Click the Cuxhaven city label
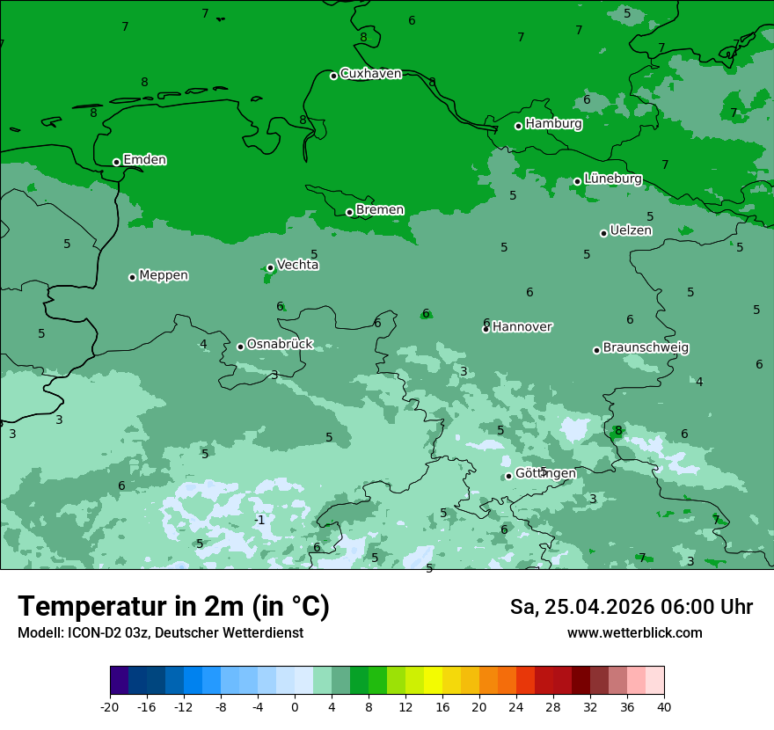click(x=370, y=74)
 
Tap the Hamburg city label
click(x=553, y=124)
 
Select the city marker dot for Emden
click(x=116, y=162)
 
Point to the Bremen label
click(x=379, y=210)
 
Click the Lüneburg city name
click(x=612, y=179)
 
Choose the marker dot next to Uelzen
click(x=603, y=233)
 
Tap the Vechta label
click(x=297, y=265)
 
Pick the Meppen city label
click(x=164, y=275)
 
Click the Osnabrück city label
click(x=280, y=344)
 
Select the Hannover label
click(x=522, y=327)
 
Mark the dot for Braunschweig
click(x=596, y=350)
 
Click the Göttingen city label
click(x=545, y=473)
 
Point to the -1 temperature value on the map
click(x=259, y=520)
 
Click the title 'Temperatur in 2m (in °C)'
click(x=173, y=607)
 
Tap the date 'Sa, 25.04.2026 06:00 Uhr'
click(x=631, y=607)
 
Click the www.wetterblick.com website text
click(x=634, y=633)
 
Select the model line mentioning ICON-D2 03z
click(x=160, y=633)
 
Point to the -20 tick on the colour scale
click(x=110, y=707)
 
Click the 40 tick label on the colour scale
click(x=663, y=707)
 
